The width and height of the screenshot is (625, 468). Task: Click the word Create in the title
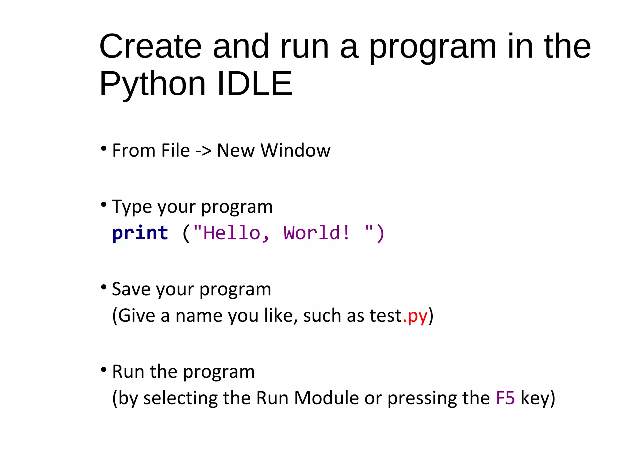pyautogui.click(x=150, y=47)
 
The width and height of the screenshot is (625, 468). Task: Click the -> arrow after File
pyautogui.click(x=203, y=151)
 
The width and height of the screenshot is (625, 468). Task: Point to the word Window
pyautogui.click(x=295, y=151)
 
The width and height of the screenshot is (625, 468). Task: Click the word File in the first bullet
pyautogui.click(x=175, y=151)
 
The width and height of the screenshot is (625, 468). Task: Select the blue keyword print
pyautogui.click(x=140, y=233)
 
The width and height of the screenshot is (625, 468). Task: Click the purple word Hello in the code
pyautogui.click(x=232, y=233)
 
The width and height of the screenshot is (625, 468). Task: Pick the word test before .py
pyautogui.click(x=386, y=316)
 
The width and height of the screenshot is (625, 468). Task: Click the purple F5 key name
pyautogui.click(x=505, y=398)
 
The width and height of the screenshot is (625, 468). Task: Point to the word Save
pyautogui.click(x=132, y=289)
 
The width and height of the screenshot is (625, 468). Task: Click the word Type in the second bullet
pyautogui.click(x=132, y=207)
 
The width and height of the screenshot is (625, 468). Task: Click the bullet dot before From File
pyautogui.click(x=104, y=149)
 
